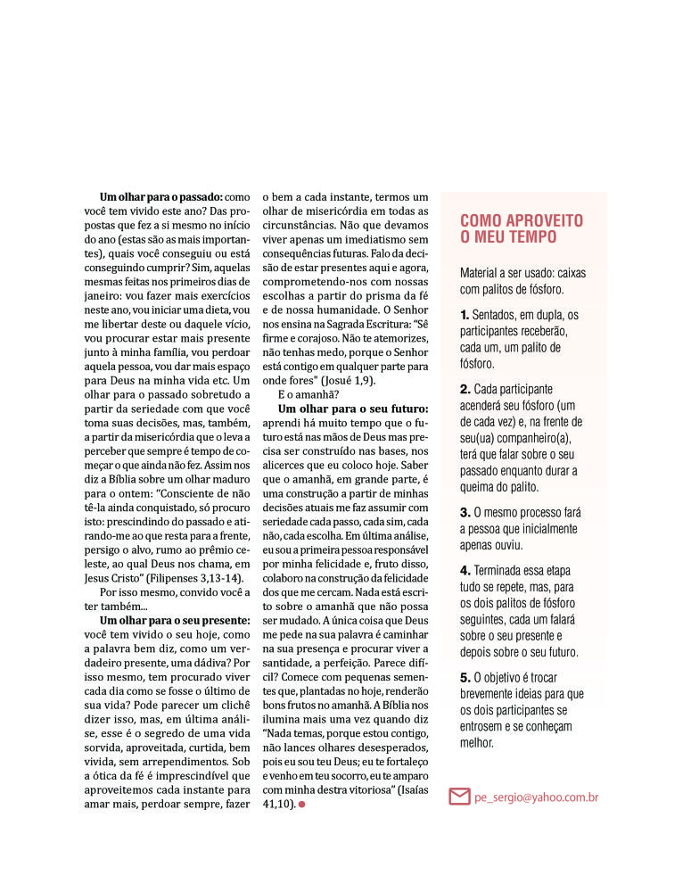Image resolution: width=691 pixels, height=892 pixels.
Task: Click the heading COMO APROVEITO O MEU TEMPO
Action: click(522, 228)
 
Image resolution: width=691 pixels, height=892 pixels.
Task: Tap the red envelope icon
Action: click(459, 796)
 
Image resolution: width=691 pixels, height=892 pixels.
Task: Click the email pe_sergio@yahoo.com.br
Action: click(536, 797)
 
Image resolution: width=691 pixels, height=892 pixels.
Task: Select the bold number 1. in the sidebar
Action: click(465, 315)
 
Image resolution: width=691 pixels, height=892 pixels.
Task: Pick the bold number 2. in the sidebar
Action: click(465, 390)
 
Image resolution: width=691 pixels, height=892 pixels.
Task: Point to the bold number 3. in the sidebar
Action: click(465, 513)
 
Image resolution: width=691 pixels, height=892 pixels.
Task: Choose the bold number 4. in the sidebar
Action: click(465, 571)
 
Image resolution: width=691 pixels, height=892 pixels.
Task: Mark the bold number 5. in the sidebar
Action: click(465, 678)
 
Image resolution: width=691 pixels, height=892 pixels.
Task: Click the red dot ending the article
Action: click(301, 805)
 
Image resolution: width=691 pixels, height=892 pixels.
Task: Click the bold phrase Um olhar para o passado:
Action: click(161, 196)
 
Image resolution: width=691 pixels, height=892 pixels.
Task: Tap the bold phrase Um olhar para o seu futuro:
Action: click(353, 409)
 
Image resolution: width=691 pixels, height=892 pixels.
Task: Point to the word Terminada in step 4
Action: click(502, 571)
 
